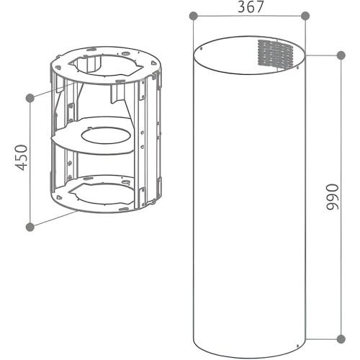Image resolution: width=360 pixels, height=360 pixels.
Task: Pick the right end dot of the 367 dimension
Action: pyautogui.click(x=305, y=16)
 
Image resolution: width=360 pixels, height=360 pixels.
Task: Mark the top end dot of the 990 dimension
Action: pyautogui.click(x=339, y=55)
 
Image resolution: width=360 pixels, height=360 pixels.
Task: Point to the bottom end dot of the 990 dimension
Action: pyautogui.click(x=339, y=336)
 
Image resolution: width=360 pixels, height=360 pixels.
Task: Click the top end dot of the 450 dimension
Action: pyautogui.click(x=30, y=96)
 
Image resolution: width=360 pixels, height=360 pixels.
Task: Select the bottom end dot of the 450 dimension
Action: pyautogui.click(x=30, y=227)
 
